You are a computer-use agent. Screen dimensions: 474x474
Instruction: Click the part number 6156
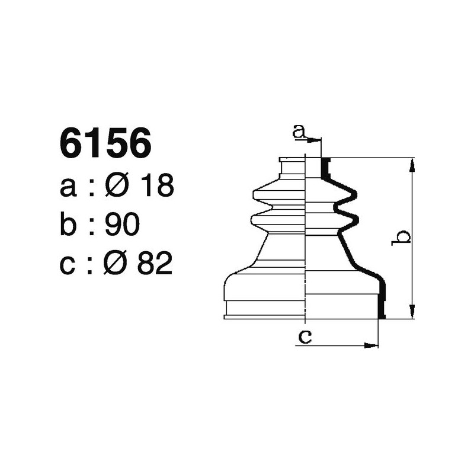105,145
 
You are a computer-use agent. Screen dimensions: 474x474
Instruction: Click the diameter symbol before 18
116,186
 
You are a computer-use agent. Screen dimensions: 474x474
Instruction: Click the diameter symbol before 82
116,264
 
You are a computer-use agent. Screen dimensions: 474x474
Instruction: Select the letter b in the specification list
69,225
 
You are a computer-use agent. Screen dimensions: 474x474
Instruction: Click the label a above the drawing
300,132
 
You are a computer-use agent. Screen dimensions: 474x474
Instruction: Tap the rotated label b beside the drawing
402,237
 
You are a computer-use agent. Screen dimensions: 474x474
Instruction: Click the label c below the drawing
305,337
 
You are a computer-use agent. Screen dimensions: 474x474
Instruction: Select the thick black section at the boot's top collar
325,169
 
